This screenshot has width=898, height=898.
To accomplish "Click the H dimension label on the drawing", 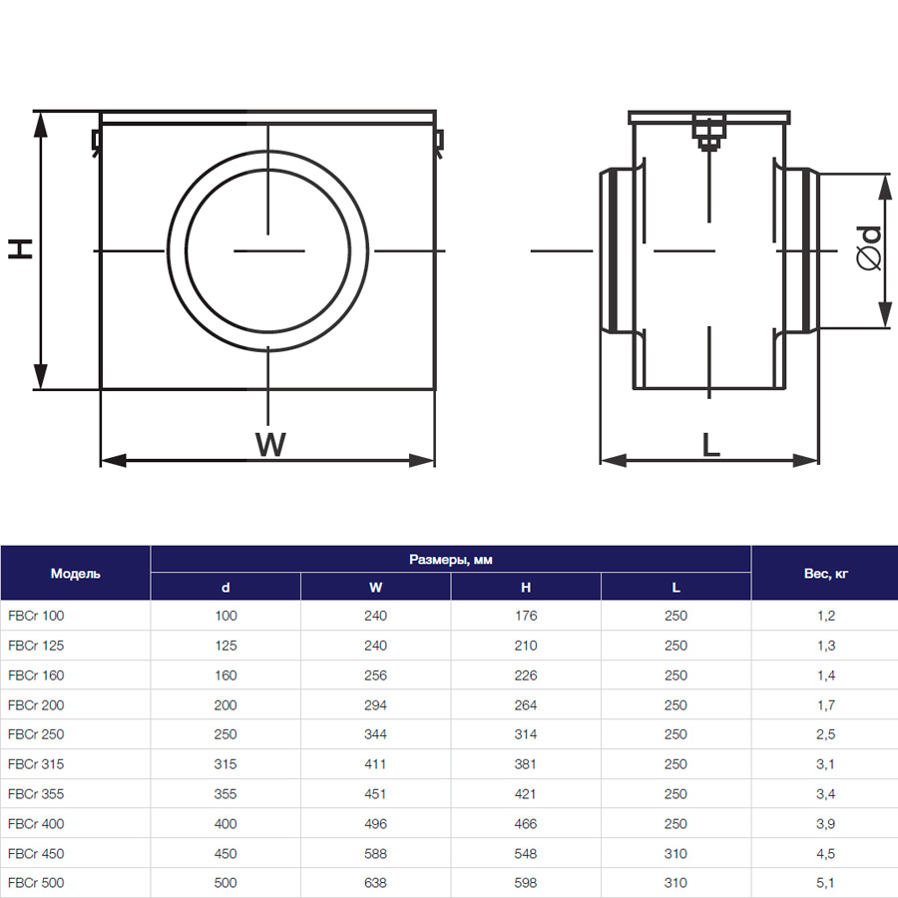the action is pyautogui.click(x=20, y=248).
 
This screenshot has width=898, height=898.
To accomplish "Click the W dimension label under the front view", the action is pyautogui.click(x=270, y=444).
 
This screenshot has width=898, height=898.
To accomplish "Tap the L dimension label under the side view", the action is pyautogui.click(x=710, y=444).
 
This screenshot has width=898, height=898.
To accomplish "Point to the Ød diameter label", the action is pyautogui.click(x=868, y=248).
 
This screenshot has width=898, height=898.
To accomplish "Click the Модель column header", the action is pyautogui.click(x=75, y=574).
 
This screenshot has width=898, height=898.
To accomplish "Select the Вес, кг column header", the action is pyautogui.click(x=825, y=574).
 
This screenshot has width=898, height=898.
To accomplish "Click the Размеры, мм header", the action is pyautogui.click(x=451, y=560).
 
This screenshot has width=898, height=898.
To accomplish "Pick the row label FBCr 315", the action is pyautogui.click(x=36, y=764).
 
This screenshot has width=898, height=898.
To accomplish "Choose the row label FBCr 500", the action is pyautogui.click(x=36, y=883).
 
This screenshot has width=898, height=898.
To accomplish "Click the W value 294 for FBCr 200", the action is pyautogui.click(x=375, y=705).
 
